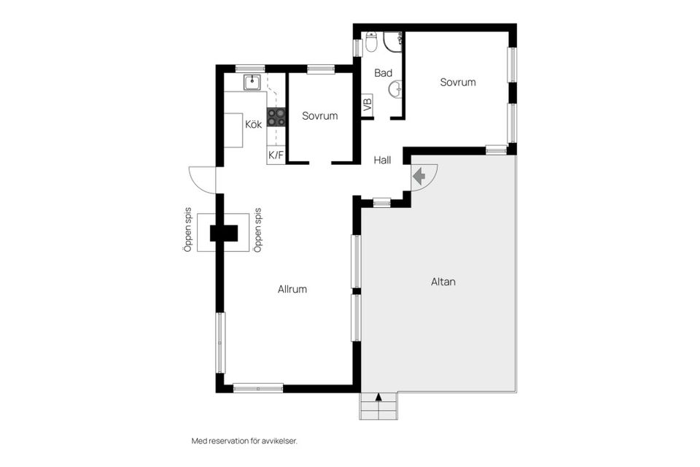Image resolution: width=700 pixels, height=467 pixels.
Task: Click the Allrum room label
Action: click(x=292, y=289)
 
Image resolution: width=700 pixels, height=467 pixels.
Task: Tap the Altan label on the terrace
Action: click(x=443, y=282)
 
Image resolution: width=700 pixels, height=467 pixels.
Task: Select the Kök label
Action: click(x=254, y=124)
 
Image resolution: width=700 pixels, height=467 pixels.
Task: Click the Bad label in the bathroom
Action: click(x=383, y=73)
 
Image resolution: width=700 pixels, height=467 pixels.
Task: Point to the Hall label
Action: click(x=382, y=160)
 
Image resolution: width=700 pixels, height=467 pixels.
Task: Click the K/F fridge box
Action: click(x=276, y=155)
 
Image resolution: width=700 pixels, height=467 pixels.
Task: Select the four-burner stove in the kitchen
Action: click(x=276, y=117)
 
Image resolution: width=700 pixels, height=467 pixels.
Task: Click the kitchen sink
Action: click(x=252, y=82)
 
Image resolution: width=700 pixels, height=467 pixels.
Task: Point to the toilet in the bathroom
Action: click(x=371, y=41)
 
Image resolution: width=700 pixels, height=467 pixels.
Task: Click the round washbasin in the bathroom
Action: click(x=396, y=89)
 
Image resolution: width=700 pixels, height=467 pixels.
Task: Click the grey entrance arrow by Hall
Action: click(x=419, y=177)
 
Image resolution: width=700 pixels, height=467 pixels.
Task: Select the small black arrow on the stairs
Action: click(x=379, y=396)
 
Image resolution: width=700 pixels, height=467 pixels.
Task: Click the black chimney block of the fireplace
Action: click(x=224, y=233)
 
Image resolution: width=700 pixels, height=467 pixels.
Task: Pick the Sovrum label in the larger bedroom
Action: click(x=458, y=82)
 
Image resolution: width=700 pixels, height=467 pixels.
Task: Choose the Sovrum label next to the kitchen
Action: click(x=319, y=116)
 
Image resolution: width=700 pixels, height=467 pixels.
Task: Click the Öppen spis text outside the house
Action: click(x=188, y=230)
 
